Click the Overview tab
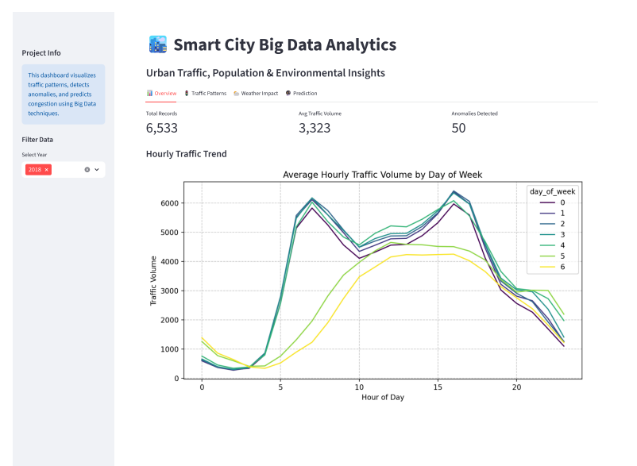(x=161, y=94)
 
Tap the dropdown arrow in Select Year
(x=97, y=170)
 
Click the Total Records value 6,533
(x=162, y=128)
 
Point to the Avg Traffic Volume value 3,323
(x=315, y=128)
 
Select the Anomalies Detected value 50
(x=458, y=128)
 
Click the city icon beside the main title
(x=157, y=44)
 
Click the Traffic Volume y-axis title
(x=154, y=280)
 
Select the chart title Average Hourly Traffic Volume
(x=382, y=175)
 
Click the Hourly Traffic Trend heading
(x=186, y=153)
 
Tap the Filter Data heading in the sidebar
(x=37, y=140)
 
